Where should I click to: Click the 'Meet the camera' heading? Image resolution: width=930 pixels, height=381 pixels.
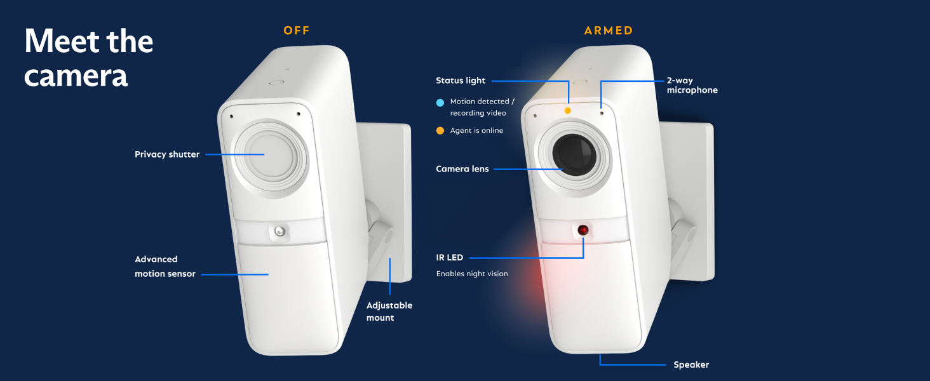(88, 58)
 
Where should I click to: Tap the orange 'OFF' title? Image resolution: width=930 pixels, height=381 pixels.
(297, 30)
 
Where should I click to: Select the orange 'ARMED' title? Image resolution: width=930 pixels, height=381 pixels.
(609, 30)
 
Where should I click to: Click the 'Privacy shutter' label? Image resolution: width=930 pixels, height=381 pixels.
(167, 154)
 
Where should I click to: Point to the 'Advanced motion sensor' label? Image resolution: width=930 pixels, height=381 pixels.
(165, 267)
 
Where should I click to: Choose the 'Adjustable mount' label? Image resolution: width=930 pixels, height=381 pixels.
(389, 311)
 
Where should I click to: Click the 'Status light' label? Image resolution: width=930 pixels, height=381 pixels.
(460, 81)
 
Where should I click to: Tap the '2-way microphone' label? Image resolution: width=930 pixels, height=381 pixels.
(692, 86)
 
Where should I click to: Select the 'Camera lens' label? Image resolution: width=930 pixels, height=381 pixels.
(462, 169)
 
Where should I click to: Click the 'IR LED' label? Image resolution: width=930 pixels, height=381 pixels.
(449, 258)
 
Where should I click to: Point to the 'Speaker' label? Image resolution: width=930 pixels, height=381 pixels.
(691, 364)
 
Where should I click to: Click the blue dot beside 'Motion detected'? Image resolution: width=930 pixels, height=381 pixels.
(440, 102)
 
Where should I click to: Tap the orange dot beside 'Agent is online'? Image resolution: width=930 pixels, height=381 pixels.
(440, 131)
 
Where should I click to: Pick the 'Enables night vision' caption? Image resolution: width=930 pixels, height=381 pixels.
(471, 274)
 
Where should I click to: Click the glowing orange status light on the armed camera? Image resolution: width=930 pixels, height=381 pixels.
(568, 110)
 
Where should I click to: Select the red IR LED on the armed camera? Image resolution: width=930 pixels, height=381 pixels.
(583, 230)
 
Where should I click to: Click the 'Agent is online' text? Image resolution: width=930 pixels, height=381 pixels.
(476, 131)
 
